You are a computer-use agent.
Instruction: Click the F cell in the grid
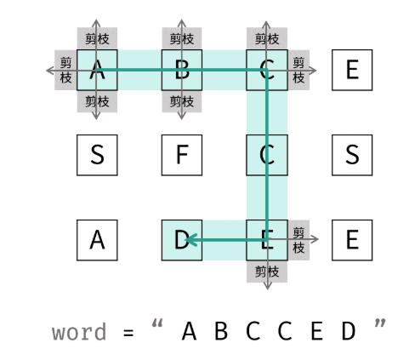(x=182, y=155)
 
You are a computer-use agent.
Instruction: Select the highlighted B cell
(x=182, y=70)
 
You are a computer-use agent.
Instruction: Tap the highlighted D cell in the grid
(x=182, y=240)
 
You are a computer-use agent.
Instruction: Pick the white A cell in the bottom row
(x=97, y=240)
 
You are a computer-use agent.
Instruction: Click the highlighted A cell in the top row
(x=97, y=70)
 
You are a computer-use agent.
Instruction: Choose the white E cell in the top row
(x=352, y=70)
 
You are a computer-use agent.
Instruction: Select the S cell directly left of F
(x=97, y=155)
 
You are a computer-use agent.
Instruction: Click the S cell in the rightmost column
(x=352, y=155)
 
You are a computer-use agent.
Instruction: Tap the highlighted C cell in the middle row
(x=267, y=155)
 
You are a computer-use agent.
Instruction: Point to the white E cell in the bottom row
(x=352, y=240)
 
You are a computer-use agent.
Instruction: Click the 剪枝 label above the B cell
(x=182, y=39)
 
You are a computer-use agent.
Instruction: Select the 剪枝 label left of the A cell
(x=65, y=70)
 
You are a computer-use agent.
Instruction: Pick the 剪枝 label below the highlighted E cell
(x=267, y=271)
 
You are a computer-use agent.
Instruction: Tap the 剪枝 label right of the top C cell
(x=298, y=70)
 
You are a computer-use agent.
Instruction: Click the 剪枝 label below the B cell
(x=182, y=101)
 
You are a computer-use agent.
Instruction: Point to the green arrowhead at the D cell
(x=191, y=240)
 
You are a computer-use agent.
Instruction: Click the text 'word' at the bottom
(x=79, y=332)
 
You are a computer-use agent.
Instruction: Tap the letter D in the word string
(x=349, y=331)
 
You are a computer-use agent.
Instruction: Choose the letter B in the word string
(x=221, y=331)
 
